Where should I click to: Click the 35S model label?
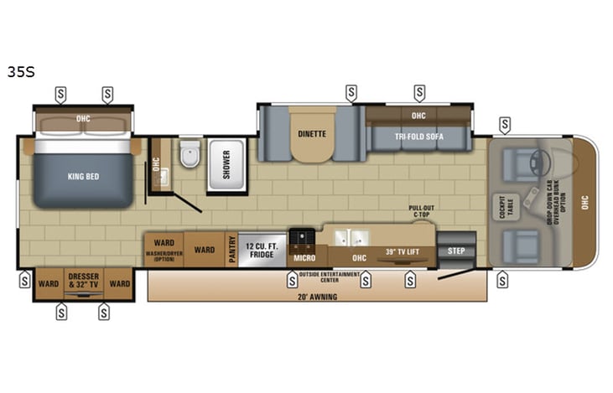click(x=20, y=72)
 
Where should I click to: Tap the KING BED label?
click(x=83, y=177)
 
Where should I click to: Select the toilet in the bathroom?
click(x=190, y=156)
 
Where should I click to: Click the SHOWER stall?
click(x=226, y=165)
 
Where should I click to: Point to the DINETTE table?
click(x=311, y=134)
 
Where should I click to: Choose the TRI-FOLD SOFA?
click(x=418, y=137)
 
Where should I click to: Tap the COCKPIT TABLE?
click(x=505, y=206)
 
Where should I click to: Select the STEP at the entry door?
click(x=456, y=250)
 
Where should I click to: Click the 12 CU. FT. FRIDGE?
click(x=262, y=250)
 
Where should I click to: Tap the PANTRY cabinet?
click(x=232, y=250)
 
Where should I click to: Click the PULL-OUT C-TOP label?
click(x=422, y=210)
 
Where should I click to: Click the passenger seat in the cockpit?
click(x=519, y=246)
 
